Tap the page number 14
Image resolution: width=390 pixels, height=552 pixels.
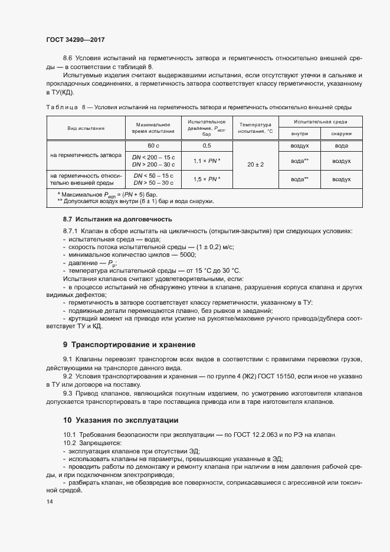pyautogui.click(x=49, y=501)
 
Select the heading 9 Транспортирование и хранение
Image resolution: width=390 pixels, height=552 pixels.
pyautogui.click(x=129, y=344)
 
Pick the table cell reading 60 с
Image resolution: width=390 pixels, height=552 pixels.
pyautogui.click(x=153, y=145)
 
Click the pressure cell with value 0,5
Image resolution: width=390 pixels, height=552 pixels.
pyautogui.click(x=207, y=145)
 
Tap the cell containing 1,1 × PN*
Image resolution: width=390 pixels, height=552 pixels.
pyautogui.click(x=207, y=161)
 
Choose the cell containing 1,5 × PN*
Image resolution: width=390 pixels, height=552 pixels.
pyautogui.click(x=207, y=179)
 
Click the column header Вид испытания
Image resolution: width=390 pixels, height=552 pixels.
pyautogui.click(x=86, y=128)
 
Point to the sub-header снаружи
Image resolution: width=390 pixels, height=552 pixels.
pyautogui.click(x=341, y=134)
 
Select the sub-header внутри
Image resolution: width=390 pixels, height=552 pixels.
pyautogui.click(x=300, y=134)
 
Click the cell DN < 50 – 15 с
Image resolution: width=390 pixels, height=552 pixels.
pyautogui.click(x=153, y=175)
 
